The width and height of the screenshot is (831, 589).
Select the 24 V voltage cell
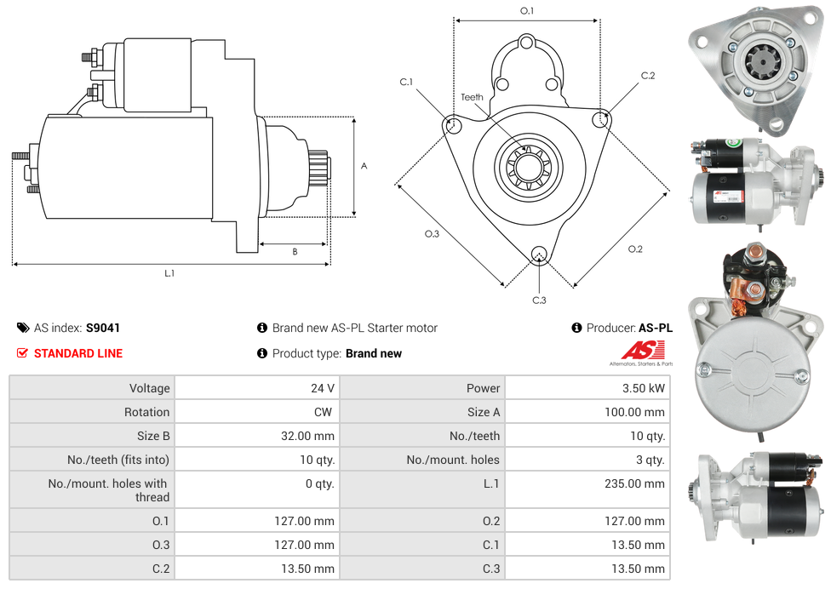322,388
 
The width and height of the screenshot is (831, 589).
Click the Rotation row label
146,412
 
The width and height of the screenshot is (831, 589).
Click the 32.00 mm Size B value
309,436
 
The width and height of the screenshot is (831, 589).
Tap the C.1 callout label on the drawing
406,83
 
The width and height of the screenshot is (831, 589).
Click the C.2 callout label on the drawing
648,76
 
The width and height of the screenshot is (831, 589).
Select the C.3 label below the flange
539,300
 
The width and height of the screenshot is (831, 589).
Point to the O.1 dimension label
527,11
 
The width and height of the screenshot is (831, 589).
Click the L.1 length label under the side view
169,273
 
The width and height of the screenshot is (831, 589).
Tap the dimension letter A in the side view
364,166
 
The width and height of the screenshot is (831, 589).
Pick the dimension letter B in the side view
295,252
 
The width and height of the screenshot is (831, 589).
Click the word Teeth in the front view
472,97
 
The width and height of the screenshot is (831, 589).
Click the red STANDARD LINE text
78,353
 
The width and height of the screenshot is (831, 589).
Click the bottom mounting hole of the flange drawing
538,254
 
